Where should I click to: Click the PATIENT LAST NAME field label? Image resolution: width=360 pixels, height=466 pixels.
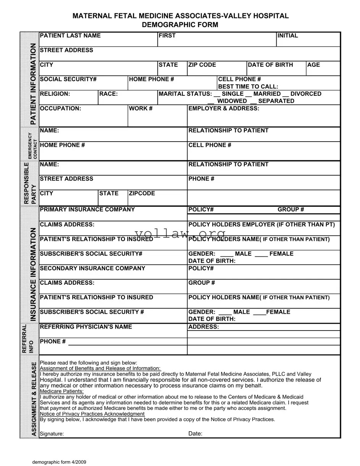pos(70,35)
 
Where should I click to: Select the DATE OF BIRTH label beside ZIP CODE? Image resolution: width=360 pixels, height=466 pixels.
pos(270,65)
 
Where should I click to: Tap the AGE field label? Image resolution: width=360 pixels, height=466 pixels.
pos(313,65)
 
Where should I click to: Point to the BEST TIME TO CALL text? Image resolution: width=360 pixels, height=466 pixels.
pos(248,87)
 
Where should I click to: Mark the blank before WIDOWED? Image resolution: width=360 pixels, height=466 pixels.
pos(211,101)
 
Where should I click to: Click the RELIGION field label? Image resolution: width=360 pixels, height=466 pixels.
pos(55,94)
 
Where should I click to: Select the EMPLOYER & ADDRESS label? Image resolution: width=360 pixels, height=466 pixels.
pos(224,108)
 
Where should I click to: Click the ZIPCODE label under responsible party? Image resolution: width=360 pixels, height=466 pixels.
pos(142,193)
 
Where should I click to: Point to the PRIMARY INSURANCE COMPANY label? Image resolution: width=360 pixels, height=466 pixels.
pos(87,210)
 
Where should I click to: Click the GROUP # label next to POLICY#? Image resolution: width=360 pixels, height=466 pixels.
pos(291,210)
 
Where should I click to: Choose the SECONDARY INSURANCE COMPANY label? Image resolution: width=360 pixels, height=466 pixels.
pos(92,268)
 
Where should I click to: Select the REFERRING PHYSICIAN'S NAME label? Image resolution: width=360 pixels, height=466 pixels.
pos(86,327)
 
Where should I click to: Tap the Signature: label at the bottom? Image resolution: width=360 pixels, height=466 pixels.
pos(52,434)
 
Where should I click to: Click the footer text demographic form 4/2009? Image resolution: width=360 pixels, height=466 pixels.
pos(59,462)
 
